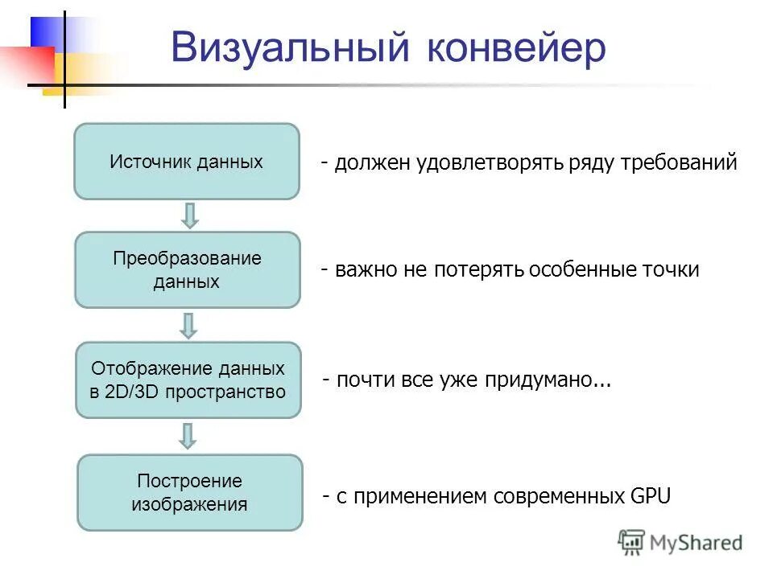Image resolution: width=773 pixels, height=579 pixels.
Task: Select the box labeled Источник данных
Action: [187, 162]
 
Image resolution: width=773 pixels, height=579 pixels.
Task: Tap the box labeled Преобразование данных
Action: [188, 270]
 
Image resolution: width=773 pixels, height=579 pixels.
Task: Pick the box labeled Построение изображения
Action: [189, 492]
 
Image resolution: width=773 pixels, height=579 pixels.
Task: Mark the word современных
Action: [555, 496]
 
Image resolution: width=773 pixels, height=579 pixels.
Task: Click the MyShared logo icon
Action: [631, 543]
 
